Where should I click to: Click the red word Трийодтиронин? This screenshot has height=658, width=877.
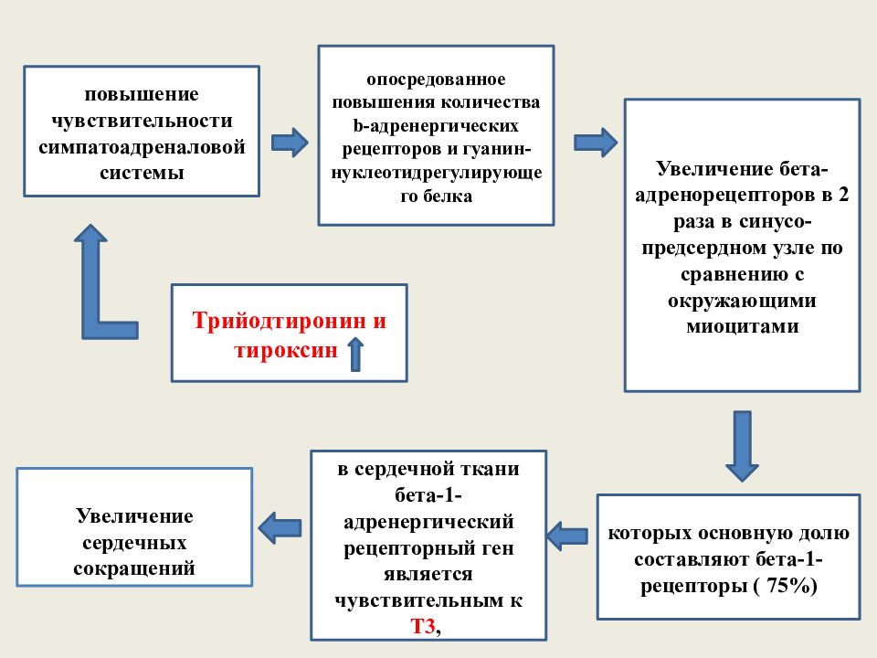280,321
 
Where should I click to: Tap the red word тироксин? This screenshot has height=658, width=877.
286,350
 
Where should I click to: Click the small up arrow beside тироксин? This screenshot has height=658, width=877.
355,355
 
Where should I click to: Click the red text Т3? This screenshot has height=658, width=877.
423,625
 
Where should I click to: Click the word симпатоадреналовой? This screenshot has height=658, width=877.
142,146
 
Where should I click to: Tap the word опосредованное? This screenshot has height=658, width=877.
436,80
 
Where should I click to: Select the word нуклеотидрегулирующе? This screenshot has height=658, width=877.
437,173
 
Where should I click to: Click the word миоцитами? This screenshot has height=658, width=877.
742,326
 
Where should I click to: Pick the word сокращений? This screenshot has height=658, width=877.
134,568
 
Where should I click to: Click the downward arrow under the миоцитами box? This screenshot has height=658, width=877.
742,446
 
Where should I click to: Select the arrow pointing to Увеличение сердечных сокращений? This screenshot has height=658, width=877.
280,527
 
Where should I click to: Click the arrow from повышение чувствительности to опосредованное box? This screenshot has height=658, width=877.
290,143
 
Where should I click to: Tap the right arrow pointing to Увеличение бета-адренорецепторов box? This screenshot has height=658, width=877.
596,143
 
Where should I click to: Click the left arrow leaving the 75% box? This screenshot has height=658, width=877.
567,536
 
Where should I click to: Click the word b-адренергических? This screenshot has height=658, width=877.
436,126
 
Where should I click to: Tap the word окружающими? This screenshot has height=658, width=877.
742,301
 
